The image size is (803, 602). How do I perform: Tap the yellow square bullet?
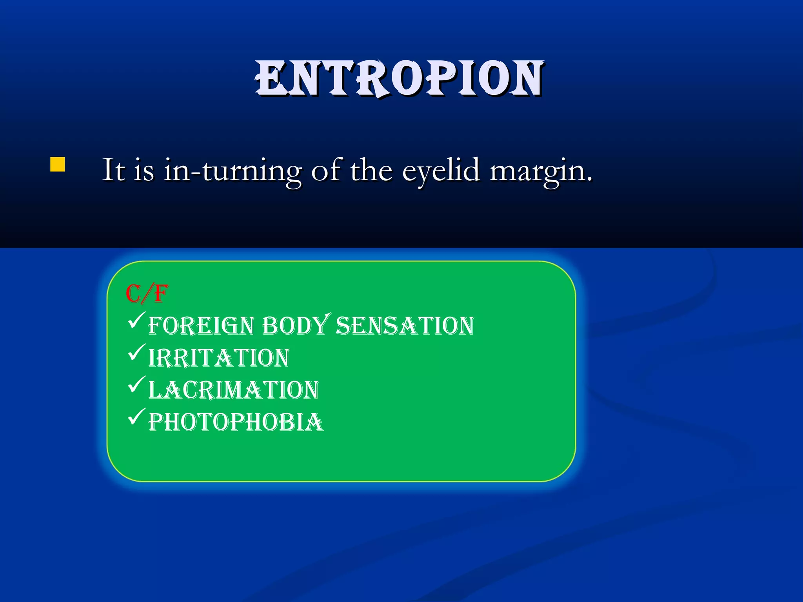click(58, 165)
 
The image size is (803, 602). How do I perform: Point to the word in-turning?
click(233, 171)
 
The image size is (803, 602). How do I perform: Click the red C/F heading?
click(147, 294)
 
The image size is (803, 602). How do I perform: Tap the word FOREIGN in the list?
click(201, 326)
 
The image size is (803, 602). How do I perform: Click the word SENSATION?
click(405, 326)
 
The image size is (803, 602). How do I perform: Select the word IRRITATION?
click(219, 358)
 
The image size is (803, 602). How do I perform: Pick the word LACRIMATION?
click(234, 390)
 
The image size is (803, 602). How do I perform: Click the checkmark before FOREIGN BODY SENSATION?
click(137, 320)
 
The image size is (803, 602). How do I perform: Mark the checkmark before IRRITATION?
click(137, 352)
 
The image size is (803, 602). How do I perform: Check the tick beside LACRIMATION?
click(137, 385)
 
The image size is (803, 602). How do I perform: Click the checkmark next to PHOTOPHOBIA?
click(137, 417)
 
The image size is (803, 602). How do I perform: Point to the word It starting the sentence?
click(113, 170)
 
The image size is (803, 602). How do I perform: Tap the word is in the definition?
click(144, 170)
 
